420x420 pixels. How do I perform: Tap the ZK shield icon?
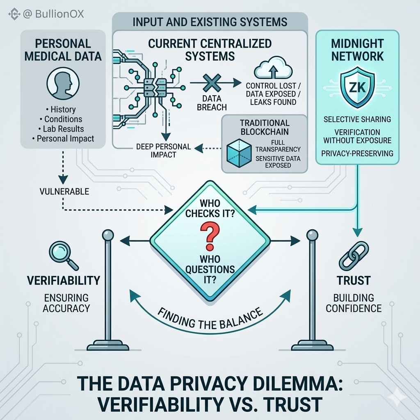[357, 88]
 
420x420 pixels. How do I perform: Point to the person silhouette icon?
[61, 82]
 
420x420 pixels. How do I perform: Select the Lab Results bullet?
[62, 129]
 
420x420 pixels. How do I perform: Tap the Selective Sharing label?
[357, 119]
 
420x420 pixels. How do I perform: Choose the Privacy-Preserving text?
[357, 153]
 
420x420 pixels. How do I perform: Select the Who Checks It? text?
[210, 208]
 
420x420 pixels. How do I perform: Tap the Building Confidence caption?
[354, 303]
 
